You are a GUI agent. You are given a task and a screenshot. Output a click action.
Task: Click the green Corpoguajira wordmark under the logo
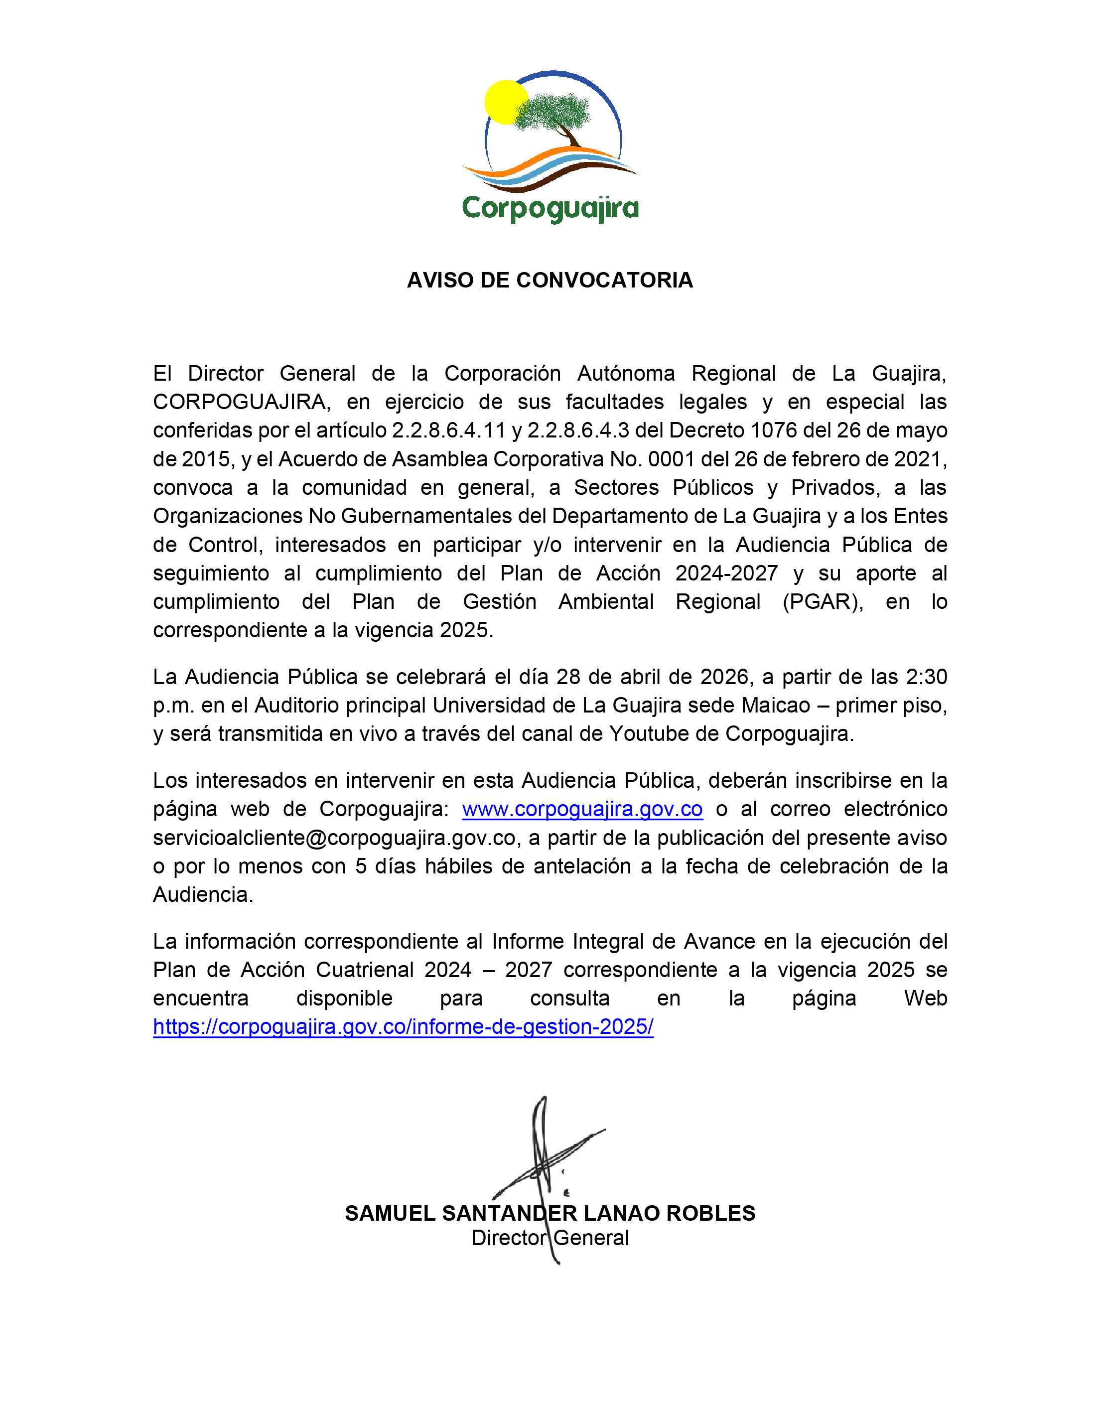pos(550,209)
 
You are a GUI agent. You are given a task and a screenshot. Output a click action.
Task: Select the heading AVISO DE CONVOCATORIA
pos(550,281)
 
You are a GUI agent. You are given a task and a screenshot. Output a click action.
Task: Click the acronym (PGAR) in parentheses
pos(823,601)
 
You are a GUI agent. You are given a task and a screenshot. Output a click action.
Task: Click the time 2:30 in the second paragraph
pos(926,677)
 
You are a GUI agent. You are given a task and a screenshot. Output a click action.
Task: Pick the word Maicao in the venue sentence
pos(780,706)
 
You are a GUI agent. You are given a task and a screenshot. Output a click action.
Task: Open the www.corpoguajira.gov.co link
pos(582,809)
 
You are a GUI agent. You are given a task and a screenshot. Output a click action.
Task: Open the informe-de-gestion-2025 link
pos(403,1027)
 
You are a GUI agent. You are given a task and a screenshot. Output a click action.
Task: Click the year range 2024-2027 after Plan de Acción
pos(726,573)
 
